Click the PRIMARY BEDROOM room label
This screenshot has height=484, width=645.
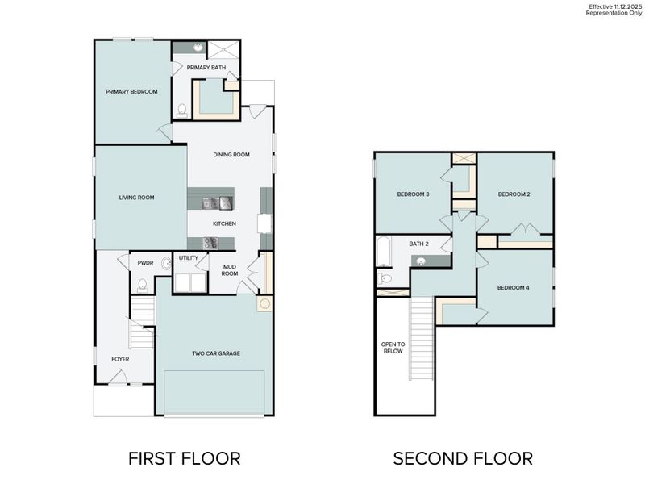pyautogui.click(x=131, y=92)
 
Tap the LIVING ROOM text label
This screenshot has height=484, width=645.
pyautogui.click(x=136, y=197)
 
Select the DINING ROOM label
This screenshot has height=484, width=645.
pyautogui.click(x=231, y=155)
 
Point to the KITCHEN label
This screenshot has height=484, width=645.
pyautogui.click(x=224, y=223)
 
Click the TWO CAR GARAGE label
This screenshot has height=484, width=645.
pyautogui.click(x=216, y=353)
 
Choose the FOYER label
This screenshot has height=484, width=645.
pyautogui.click(x=120, y=359)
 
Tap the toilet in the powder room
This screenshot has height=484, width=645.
pyautogui.click(x=142, y=285)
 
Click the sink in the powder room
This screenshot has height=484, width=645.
pyautogui.click(x=167, y=263)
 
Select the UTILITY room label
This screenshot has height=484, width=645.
pyautogui.click(x=189, y=258)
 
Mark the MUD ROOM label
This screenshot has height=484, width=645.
pyautogui.click(x=230, y=270)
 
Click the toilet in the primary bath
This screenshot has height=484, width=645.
pyautogui.click(x=183, y=110)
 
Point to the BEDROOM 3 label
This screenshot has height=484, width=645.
pyautogui.click(x=413, y=194)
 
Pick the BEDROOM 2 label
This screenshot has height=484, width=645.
pyautogui.click(x=514, y=194)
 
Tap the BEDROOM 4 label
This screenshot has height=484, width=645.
pyautogui.click(x=514, y=288)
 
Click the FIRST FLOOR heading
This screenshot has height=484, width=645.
pyautogui.click(x=185, y=458)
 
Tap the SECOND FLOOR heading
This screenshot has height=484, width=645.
pyautogui.click(x=463, y=458)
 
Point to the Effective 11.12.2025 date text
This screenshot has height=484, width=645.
pyautogui.click(x=610, y=6)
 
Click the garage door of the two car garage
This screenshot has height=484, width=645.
pyautogui.click(x=214, y=394)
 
